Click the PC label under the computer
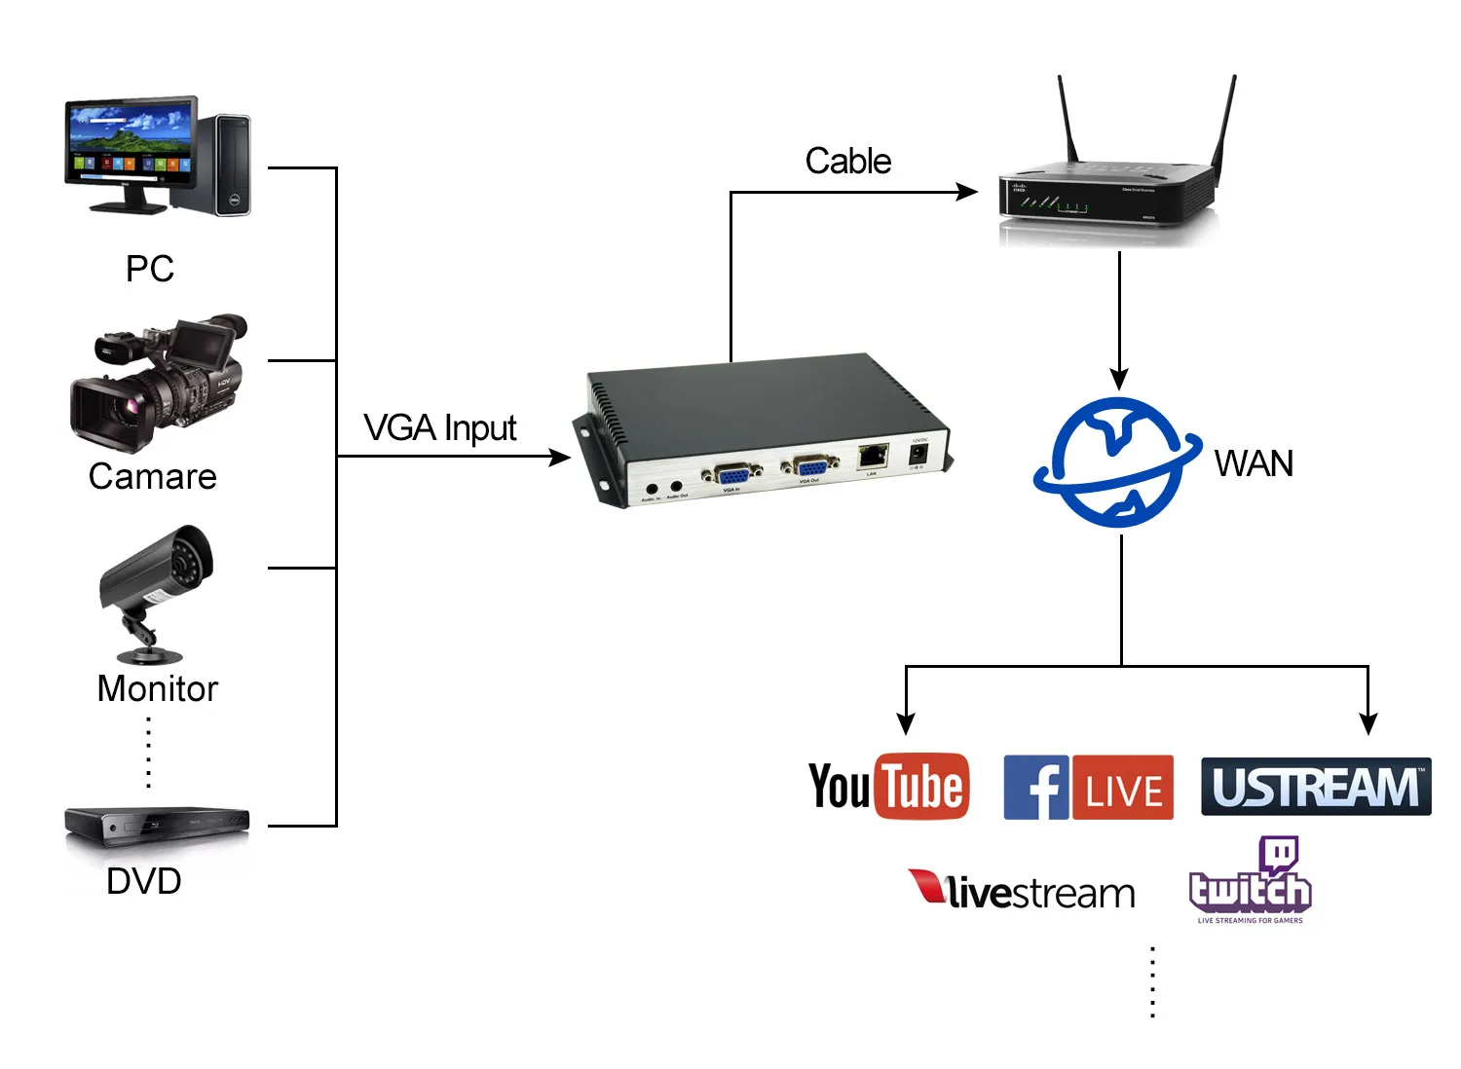(150, 269)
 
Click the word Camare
(153, 477)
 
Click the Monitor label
(158, 689)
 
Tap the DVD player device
(157, 825)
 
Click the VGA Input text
(439, 428)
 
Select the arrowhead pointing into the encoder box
(560, 457)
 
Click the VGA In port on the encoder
(732, 475)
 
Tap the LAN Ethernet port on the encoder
(873, 455)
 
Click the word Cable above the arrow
(847, 162)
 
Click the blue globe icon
(1117, 462)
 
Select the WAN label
(1254, 464)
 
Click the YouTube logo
(889, 786)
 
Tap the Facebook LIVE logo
(1088, 787)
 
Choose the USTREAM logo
(1316, 787)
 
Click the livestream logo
(1023, 891)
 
